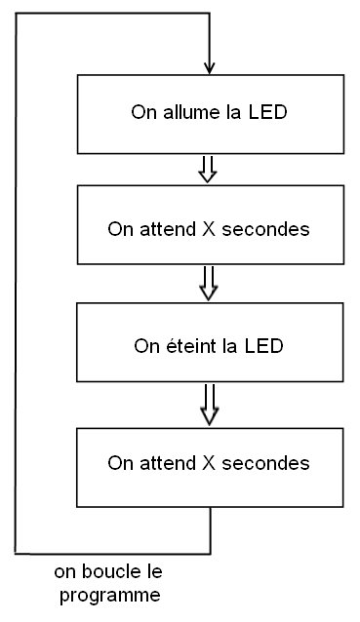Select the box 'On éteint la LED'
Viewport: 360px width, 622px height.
[209, 344]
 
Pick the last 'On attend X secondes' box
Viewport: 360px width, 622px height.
[209, 461]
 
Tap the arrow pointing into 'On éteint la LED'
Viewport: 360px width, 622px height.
[208, 284]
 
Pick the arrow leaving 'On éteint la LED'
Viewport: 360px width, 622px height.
[208, 402]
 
